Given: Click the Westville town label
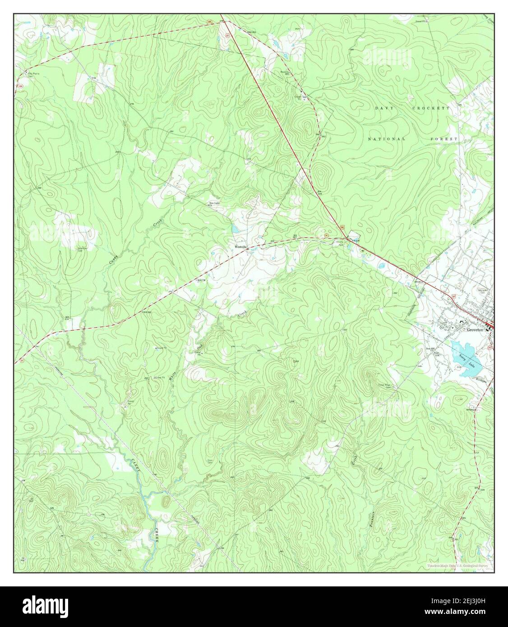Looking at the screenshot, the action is click(x=240, y=247).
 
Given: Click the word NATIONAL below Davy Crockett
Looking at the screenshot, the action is click(x=387, y=139).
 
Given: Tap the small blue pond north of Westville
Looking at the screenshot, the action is click(x=235, y=230).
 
